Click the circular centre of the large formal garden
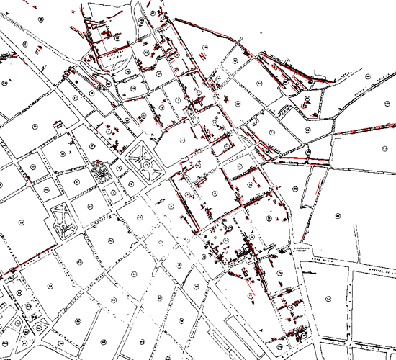click(147, 165)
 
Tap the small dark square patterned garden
click(99, 173)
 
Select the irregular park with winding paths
click(64, 220)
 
